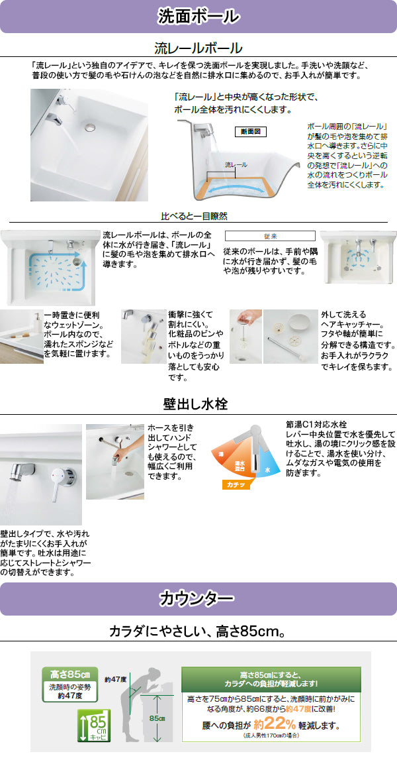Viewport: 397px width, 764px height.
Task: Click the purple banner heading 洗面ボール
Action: [x=198, y=16]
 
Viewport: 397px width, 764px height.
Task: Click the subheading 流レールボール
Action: [x=198, y=48]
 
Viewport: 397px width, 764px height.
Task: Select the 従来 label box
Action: [x=270, y=236]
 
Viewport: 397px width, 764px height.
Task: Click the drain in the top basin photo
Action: [x=91, y=125]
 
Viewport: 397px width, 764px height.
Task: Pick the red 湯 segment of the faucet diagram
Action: [x=222, y=453]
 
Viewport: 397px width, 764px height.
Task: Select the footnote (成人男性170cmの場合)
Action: [x=271, y=736]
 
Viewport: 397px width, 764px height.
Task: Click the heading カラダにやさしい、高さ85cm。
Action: [x=198, y=631]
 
